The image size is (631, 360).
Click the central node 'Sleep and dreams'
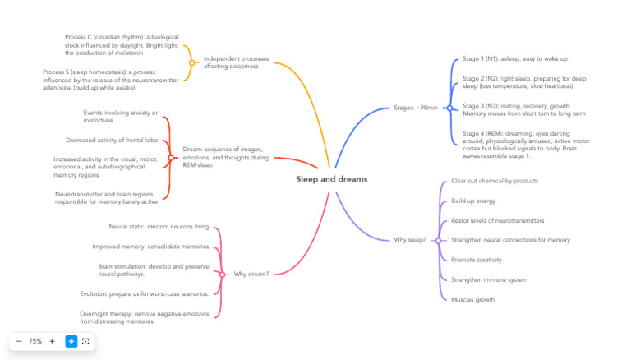coord(331,179)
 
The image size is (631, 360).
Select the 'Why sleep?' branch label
coord(409,240)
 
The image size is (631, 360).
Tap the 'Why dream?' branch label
coord(251,274)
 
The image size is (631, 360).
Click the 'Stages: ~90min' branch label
coord(416,108)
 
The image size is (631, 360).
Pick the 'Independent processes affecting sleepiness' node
coord(236,62)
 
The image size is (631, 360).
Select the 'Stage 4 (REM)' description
coord(525,144)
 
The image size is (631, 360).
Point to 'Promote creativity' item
coord(476,260)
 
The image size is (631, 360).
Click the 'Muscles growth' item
coord(472,300)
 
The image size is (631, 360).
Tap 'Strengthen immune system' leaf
coord(489,280)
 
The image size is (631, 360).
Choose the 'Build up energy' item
coord(472,201)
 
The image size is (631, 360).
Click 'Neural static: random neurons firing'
coord(159,226)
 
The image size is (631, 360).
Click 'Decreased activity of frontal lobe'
coord(112,140)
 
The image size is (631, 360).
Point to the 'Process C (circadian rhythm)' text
coord(122,45)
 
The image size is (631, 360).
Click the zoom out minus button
coord(19,341)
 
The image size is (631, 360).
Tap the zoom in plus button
coord(52,341)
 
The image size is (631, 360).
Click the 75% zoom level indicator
coord(35,341)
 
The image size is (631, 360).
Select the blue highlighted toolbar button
coord(71,341)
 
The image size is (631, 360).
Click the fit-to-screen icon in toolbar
coord(85,341)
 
